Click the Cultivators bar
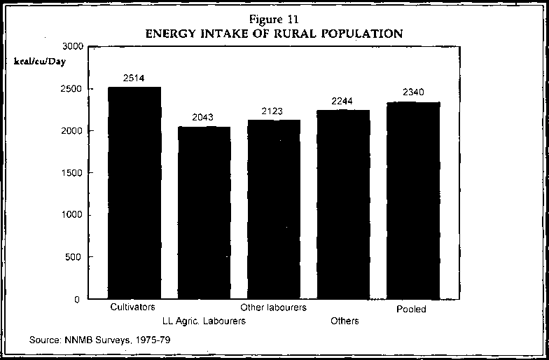134,193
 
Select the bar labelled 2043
204,213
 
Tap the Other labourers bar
274,209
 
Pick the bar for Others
343,205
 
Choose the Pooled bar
413,200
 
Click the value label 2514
133,78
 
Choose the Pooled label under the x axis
410,309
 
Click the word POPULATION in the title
359,33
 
